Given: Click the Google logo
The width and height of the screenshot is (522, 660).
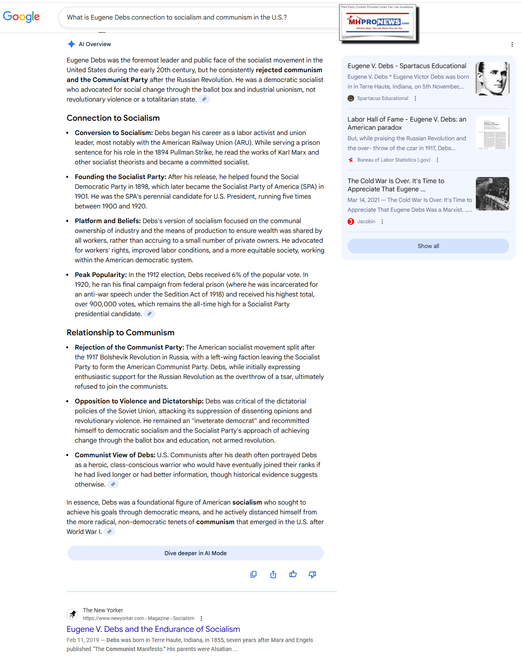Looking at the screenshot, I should click(x=21, y=17).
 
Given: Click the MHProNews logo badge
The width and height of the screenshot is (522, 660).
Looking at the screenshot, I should click(x=378, y=23).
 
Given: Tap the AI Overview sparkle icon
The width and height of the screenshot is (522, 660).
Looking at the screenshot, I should click(x=71, y=44).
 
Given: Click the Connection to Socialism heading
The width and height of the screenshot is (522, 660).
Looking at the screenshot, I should click(x=113, y=118).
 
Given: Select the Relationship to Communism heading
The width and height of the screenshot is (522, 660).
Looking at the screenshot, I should click(x=120, y=332).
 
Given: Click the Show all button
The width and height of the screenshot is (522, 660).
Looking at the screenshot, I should click(x=428, y=246).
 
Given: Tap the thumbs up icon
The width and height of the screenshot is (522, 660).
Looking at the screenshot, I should click(x=293, y=574).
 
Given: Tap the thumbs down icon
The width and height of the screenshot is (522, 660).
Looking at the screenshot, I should click(x=312, y=574).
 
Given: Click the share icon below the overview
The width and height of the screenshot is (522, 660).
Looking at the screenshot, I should click(x=273, y=574).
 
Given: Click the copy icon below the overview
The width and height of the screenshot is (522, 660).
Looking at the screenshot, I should click(x=253, y=574).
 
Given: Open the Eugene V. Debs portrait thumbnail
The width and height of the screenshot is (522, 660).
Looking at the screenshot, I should click(x=492, y=79).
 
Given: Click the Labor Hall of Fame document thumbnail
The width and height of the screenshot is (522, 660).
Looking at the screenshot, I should click(x=492, y=132).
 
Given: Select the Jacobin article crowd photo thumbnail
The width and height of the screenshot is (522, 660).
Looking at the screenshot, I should click(x=492, y=194).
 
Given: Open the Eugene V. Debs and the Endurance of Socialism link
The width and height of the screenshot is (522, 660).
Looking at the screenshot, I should click(x=153, y=629).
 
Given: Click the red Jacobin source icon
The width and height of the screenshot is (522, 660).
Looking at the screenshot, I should click(x=351, y=221).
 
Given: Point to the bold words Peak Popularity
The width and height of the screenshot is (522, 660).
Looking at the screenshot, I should click(x=100, y=275).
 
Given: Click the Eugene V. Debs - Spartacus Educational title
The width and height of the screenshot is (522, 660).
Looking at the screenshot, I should click(x=407, y=66).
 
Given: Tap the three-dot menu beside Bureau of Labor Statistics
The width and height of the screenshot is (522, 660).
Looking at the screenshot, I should click(x=437, y=160).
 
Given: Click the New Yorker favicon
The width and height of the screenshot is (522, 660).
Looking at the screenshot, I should click(x=72, y=614).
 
